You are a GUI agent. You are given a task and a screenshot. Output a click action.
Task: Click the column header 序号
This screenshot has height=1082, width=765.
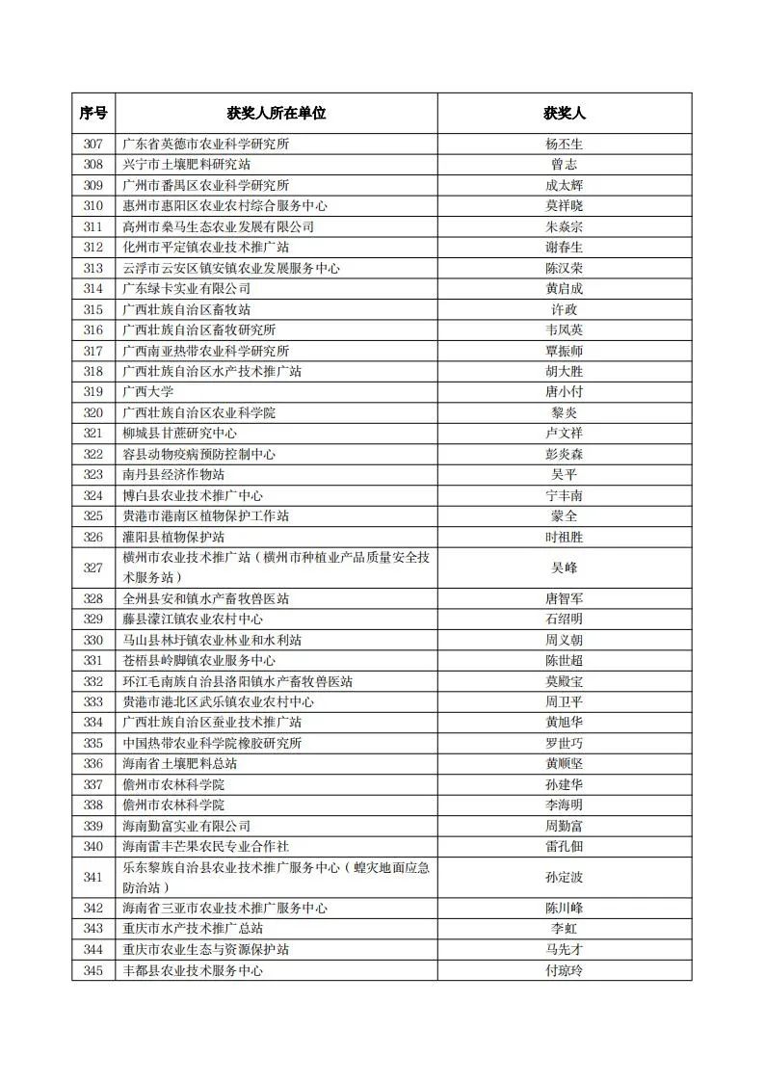pyautogui.click(x=93, y=113)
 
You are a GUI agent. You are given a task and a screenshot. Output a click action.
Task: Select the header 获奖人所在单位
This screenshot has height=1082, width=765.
pyautogui.click(x=277, y=113)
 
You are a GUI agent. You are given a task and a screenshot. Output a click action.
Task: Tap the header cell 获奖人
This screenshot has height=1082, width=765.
pyautogui.click(x=564, y=113)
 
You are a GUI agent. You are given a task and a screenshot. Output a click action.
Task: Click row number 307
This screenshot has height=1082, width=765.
pyautogui.click(x=93, y=145)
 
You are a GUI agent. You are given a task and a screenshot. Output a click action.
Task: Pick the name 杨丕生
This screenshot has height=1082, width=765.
pyautogui.click(x=564, y=145)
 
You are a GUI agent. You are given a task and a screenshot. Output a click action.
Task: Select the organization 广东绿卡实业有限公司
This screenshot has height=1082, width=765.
pyautogui.click(x=187, y=289)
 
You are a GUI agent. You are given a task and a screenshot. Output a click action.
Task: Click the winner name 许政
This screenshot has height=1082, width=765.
pyautogui.click(x=564, y=309)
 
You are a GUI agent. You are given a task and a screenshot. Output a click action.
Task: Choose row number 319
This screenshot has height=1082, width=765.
pyautogui.click(x=93, y=392)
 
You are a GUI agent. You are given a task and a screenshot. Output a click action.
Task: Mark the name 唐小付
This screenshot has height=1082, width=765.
pyautogui.click(x=564, y=392)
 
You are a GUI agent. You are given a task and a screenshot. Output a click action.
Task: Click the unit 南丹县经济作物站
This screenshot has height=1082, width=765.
pyautogui.click(x=173, y=475)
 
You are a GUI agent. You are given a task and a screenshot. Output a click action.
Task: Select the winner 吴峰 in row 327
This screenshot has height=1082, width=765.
pyautogui.click(x=564, y=567)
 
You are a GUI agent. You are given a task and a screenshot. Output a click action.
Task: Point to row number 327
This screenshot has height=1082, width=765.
pyautogui.click(x=93, y=567)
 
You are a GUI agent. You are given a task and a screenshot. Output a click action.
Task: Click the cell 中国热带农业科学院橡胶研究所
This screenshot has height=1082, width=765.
pyautogui.click(x=212, y=743)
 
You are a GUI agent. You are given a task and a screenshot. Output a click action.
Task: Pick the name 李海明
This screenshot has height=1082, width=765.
pyautogui.click(x=564, y=805)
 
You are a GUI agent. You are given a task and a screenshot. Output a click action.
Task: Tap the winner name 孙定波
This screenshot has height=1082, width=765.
pyautogui.click(x=564, y=877)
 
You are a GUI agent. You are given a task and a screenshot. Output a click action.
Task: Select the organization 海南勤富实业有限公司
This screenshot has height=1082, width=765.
pyautogui.click(x=187, y=826)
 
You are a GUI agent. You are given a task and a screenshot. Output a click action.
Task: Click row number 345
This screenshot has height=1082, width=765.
pyautogui.click(x=93, y=970)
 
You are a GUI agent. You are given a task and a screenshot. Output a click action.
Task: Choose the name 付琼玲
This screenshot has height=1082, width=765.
pyautogui.click(x=564, y=970)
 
